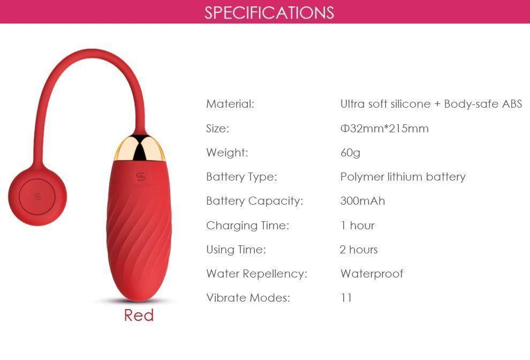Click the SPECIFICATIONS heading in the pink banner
[x=269, y=12]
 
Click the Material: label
[x=230, y=104]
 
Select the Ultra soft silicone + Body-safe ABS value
[x=431, y=104]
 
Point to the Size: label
[x=217, y=129]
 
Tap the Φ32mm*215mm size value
[x=384, y=129]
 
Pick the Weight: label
[x=227, y=153]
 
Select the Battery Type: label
[x=241, y=177]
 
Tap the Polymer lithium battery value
[x=403, y=177]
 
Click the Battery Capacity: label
[x=254, y=201]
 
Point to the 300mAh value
[x=362, y=201]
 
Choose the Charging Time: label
[x=247, y=226]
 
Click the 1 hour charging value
[x=357, y=226]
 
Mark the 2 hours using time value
[x=359, y=250]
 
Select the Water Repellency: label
[x=256, y=274]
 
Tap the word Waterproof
[x=372, y=274]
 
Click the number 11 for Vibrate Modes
[x=346, y=298]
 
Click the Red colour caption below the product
[x=139, y=315]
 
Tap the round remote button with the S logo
[x=36, y=197]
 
